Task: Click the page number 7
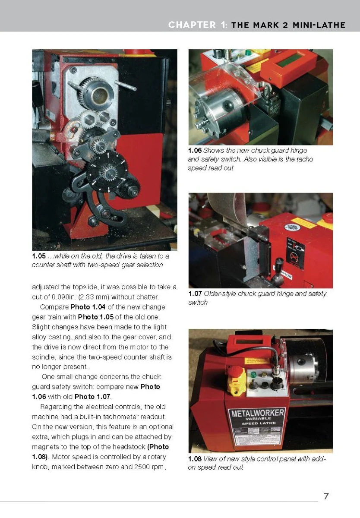326,496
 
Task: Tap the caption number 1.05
38,256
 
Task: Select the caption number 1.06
195,151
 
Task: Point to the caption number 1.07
195,294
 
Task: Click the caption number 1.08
195,459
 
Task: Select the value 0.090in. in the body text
65,297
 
